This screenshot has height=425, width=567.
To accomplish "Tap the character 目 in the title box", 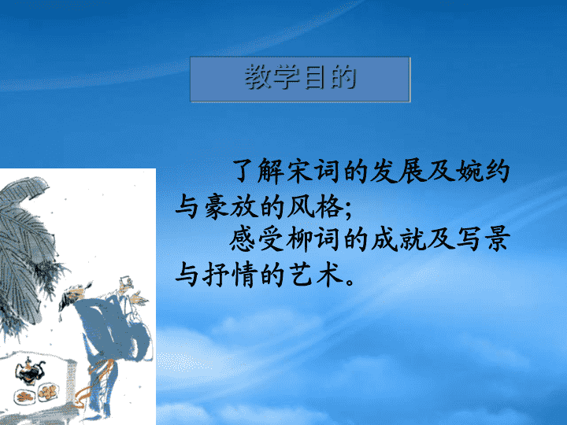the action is click(314, 77).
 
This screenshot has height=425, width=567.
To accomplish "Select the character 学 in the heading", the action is click(287, 77).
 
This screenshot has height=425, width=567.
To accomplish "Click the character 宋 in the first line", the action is click(300, 171).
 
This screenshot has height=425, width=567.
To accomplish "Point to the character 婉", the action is click(469, 171).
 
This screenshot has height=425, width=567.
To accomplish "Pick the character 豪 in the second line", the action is click(217, 206).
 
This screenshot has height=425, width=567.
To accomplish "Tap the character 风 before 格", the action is click(301, 206).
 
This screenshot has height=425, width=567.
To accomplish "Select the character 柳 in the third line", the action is click(299, 239).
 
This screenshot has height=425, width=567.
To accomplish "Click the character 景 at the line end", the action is click(498, 239).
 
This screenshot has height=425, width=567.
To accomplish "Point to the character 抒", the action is click(216, 275).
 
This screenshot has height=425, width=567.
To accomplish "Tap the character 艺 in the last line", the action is click(301, 275).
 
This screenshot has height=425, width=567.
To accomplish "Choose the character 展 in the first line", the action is click(412, 171).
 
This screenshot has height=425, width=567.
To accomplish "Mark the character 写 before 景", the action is click(469, 239).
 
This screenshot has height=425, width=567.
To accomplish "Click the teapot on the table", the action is click(30, 371).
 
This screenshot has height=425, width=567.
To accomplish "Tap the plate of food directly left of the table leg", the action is click(49, 393).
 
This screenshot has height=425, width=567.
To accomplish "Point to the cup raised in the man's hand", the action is click(124, 283).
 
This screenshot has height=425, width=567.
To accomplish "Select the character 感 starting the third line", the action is click(243, 239).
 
